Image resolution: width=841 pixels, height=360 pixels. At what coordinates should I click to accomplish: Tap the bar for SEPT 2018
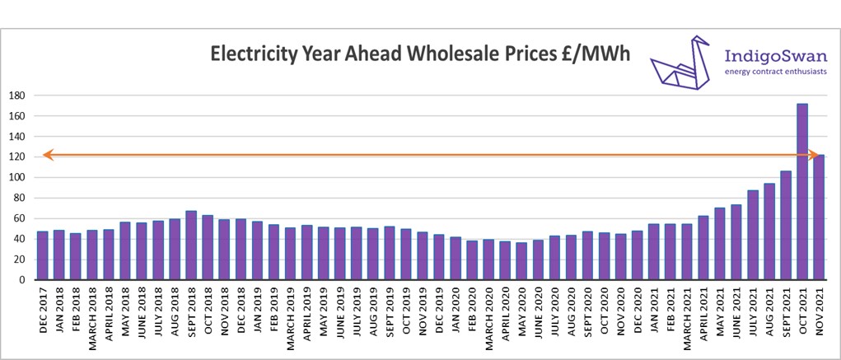(191, 245)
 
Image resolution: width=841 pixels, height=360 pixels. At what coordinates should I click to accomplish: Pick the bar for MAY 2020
(521, 261)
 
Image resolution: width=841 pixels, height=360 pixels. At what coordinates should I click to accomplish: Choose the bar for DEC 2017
(42, 255)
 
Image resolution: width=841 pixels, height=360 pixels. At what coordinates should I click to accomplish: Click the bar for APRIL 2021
(703, 248)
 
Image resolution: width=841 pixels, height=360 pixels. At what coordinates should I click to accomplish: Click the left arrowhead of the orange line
(47, 154)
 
